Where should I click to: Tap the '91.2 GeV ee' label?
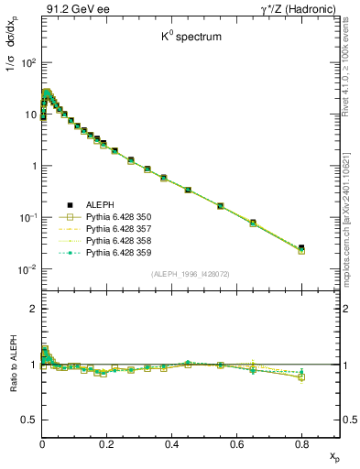(x=70, y=10)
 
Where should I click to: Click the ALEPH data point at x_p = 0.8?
(x=301, y=247)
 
